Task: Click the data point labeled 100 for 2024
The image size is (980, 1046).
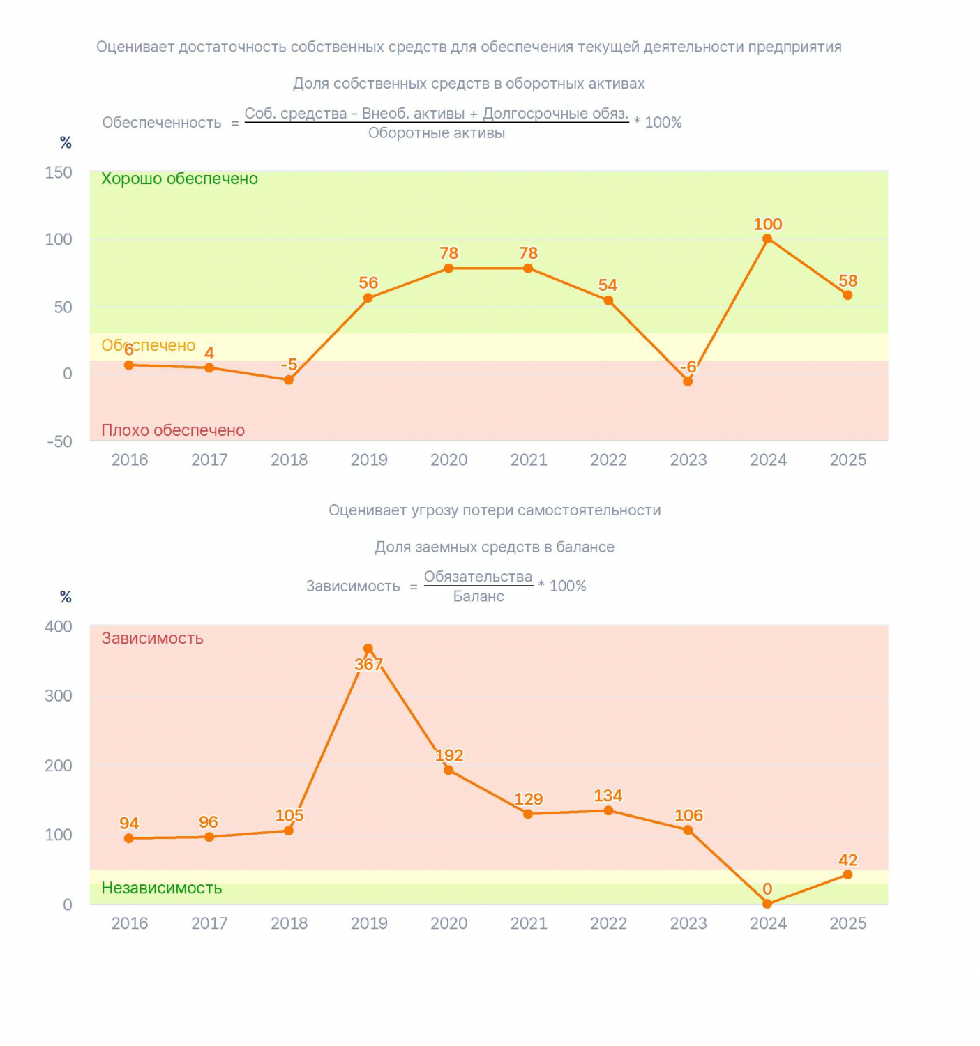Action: tap(767, 238)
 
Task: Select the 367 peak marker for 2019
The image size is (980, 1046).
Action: tap(368, 649)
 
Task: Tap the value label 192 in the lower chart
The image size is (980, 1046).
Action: tap(449, 755)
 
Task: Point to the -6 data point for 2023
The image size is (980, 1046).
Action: tap(688, 381)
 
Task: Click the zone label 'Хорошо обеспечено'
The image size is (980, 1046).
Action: tap(180, 179)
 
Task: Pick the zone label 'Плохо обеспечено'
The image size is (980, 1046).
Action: tap(173, 430)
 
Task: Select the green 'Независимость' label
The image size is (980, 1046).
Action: tap(162, 888)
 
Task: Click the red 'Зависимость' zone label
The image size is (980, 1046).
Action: tap(152, 638)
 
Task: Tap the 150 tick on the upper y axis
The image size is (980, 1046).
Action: tap(59, 173)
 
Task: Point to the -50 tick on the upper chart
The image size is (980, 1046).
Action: tap(59, 441)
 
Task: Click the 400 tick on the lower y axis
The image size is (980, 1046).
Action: tap(59, 626)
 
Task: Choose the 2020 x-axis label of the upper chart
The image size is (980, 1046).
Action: tap(449, 460)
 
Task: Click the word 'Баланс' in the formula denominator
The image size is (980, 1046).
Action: tap(478, 596)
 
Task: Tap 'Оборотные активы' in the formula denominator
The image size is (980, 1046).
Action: tap(436, 132)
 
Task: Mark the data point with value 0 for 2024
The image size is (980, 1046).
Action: tap(767, 904)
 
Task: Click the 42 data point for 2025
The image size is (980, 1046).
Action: tap(847, 874)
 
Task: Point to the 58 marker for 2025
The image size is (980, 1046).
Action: tap(847, 295)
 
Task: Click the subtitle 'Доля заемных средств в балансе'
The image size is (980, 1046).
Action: tap(495, 547)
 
